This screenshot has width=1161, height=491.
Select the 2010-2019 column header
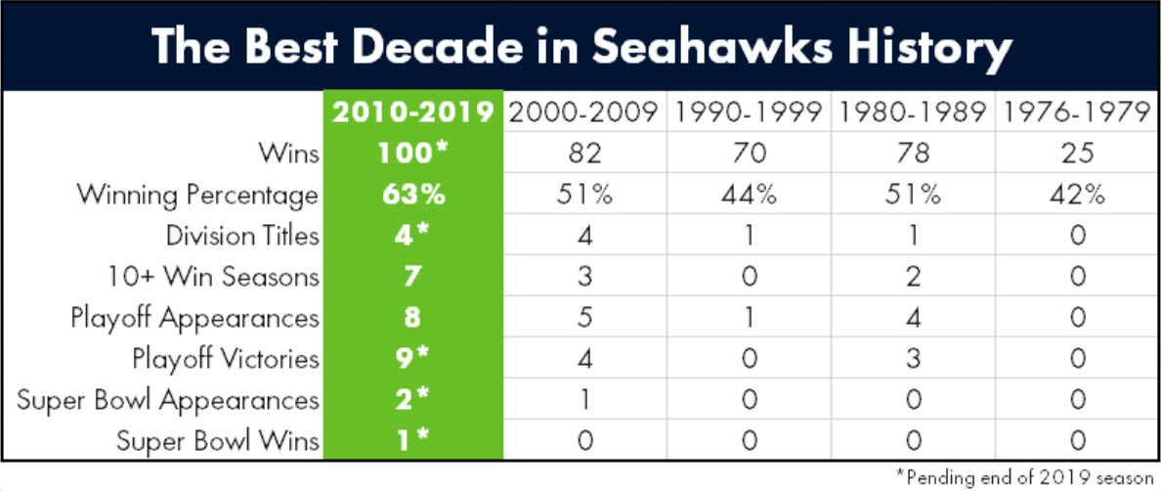coord(413,113)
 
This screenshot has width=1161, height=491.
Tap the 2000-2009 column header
coord(584,113)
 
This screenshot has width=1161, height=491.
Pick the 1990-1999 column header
coord(749,113)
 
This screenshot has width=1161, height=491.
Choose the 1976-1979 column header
coord(1077,113)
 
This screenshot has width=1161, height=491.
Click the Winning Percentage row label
coord(197,197)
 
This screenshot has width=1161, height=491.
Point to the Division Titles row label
coord(242,237)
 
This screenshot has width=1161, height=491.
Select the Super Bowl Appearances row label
coord(167,401)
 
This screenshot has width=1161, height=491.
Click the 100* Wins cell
coord(413,154)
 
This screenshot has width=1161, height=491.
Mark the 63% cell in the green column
coord(413,196)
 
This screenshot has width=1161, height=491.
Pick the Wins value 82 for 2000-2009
coord(584,155)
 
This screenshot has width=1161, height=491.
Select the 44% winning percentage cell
coord(749,196)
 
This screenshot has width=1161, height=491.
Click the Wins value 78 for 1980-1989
coord(912,155)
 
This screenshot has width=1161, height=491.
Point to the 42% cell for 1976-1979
coord(1077,196)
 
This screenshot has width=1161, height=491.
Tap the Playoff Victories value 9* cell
coord(413,359)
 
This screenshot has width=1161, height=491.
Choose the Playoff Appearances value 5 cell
coord(584,319)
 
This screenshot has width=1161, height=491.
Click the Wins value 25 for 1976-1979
coord(1077,155)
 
